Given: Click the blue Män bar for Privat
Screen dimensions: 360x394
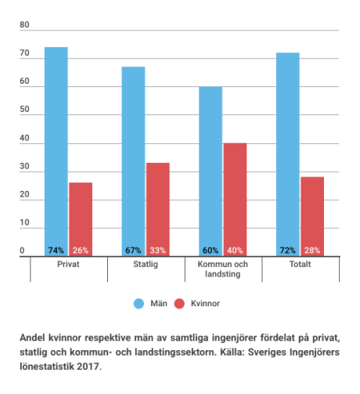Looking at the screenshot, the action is coord(56,151).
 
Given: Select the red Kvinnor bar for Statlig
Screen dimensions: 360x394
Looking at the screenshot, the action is coord(158,209).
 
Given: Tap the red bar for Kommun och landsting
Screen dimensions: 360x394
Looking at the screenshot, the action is coord(235,200).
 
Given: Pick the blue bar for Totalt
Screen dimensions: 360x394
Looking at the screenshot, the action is coord(288,154).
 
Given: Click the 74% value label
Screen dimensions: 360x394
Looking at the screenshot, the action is coord(56,251).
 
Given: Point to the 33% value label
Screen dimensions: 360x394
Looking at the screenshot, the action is coord(158,251).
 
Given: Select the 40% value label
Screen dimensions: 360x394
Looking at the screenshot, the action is coord(235,251).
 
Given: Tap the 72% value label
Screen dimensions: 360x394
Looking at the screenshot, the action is coord(288,251).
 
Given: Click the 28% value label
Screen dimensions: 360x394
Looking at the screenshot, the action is coord(312,251).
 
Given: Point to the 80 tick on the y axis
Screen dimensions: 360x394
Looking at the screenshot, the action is coord(24,24).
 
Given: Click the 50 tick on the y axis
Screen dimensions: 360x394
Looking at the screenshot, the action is coord(24,109).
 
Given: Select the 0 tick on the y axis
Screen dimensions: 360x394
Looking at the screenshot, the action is coord(22,251).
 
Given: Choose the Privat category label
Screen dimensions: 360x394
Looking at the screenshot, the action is coord(68,264).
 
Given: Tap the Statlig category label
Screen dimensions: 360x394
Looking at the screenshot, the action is coord(146,265).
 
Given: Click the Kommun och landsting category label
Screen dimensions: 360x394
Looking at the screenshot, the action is coord(223,269).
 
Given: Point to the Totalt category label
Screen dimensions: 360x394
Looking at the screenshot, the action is coord(301,264).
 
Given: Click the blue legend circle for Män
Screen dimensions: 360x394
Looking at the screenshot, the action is coord(139,304).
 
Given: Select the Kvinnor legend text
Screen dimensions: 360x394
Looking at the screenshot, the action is coord(205,303).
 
